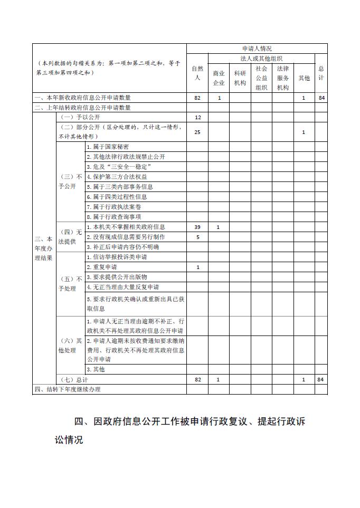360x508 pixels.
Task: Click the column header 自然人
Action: [197, 73]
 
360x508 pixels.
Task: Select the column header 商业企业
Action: [219, 78]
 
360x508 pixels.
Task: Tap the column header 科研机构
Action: [240, 78]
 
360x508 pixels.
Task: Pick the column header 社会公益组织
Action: [261, 78]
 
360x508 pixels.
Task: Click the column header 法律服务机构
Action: [282, 78]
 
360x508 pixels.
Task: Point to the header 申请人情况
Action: [257, 49]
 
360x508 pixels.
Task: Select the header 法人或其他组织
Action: [261, 58]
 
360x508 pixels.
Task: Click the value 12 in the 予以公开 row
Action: [197, 117]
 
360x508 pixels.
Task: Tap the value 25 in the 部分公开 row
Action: [197, 132]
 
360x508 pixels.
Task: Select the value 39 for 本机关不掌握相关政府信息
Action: [197, 227]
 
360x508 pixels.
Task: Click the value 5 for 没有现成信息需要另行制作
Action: [197, 237]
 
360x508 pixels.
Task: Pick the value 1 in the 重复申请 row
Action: [197, 267]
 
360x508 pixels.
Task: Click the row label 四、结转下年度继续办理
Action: [67, 389]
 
